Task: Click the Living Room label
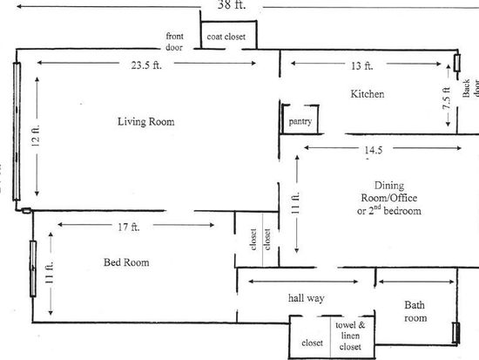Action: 146,122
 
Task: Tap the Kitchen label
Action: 368,93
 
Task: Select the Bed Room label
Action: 126,262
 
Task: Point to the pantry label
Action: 300,121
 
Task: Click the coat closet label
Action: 226,37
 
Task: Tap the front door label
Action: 174,42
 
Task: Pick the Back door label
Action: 470,88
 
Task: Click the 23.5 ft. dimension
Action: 146,65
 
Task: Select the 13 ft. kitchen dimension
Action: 362,65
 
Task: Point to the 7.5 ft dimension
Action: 447,98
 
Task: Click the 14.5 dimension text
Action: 374,150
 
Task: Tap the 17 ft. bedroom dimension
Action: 129,227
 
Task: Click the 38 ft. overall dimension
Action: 232,5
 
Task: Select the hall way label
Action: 306,298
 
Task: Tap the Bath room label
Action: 415,311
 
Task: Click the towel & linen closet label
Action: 350,336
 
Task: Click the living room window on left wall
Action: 17,132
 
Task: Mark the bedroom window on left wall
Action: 33,268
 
